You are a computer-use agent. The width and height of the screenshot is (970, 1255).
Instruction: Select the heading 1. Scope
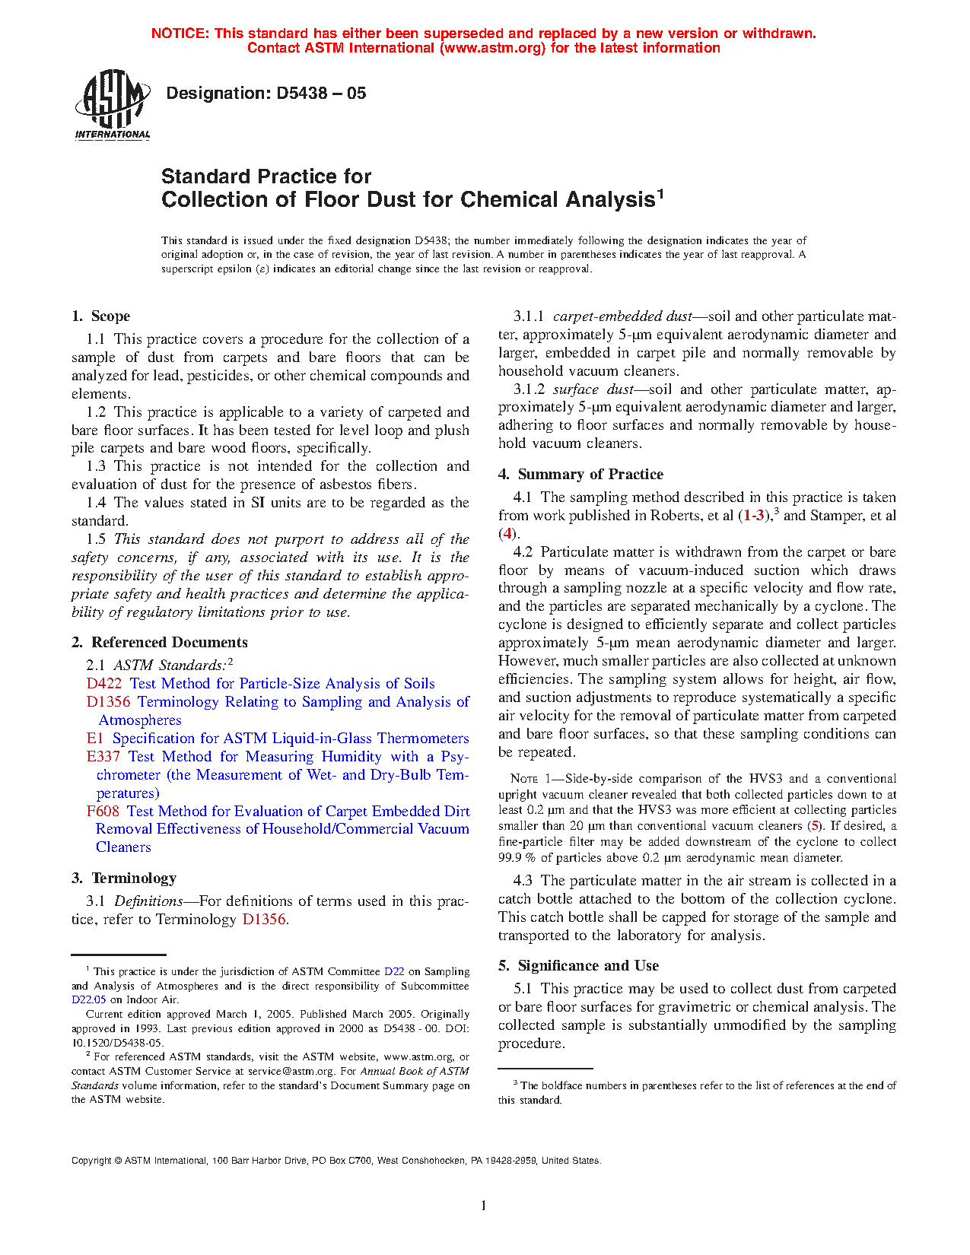tap(101, 316)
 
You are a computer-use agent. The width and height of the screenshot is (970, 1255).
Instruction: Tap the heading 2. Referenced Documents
tap(160, 643)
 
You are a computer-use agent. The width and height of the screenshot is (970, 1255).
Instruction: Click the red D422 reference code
tap(104, 684)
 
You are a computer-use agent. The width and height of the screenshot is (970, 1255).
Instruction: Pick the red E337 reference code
tap(103, 757)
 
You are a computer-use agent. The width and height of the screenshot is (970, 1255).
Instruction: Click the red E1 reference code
tap(95, 739)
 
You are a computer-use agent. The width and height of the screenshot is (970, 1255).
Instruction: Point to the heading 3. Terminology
tap(124, 878)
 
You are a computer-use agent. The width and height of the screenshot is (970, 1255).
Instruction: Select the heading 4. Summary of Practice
tap(580, 475)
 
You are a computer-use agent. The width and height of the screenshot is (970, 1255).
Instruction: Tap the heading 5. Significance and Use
tap(578, 966)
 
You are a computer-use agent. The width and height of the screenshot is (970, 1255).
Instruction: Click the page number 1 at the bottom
tap(483, 1205)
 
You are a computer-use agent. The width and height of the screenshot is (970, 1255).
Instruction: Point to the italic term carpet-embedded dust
tap(622, 316)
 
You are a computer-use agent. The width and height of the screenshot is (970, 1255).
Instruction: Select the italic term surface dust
tap(593, 389)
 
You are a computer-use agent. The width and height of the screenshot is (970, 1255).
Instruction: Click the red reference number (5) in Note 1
tap(815, 826)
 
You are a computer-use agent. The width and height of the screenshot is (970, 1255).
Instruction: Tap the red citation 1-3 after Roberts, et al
tap(755, 516)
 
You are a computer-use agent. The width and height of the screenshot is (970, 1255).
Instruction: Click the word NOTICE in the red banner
tap(180, 33)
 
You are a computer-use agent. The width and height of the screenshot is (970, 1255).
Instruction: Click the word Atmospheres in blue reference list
tap(140, 720)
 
